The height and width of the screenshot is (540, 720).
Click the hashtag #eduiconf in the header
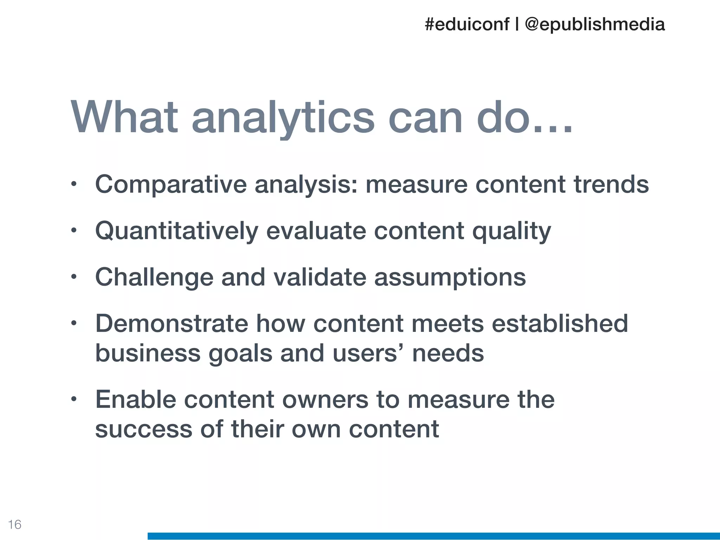(467, 25)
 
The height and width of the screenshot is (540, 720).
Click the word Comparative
(171, 185)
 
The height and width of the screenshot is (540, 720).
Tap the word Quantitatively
(176, 231)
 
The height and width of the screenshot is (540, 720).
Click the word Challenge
(154, 278)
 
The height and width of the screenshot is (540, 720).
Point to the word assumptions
(450, 278)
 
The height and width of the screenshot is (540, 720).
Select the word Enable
(136, 400)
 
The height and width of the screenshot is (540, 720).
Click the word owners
(325, 400)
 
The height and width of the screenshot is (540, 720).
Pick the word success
(144, 430)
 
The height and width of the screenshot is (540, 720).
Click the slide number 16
(15, 525)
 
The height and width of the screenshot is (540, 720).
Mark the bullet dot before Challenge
(73, 277)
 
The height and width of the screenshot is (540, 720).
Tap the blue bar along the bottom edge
(433, 536)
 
